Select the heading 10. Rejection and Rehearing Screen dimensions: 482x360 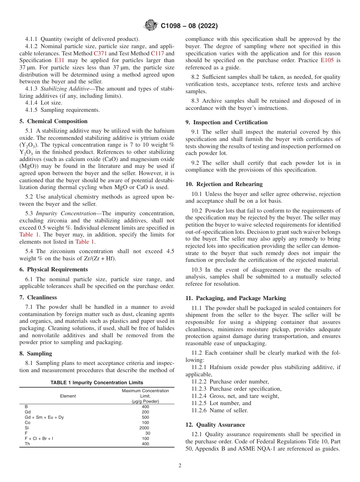224,184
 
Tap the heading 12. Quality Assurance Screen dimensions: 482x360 215,425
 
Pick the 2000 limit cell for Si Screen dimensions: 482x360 144,428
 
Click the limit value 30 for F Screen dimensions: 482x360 147,433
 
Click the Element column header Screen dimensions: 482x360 68,396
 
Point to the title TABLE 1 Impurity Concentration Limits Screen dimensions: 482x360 97,383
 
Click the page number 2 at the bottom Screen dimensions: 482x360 180,466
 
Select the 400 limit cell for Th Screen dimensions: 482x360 145,444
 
